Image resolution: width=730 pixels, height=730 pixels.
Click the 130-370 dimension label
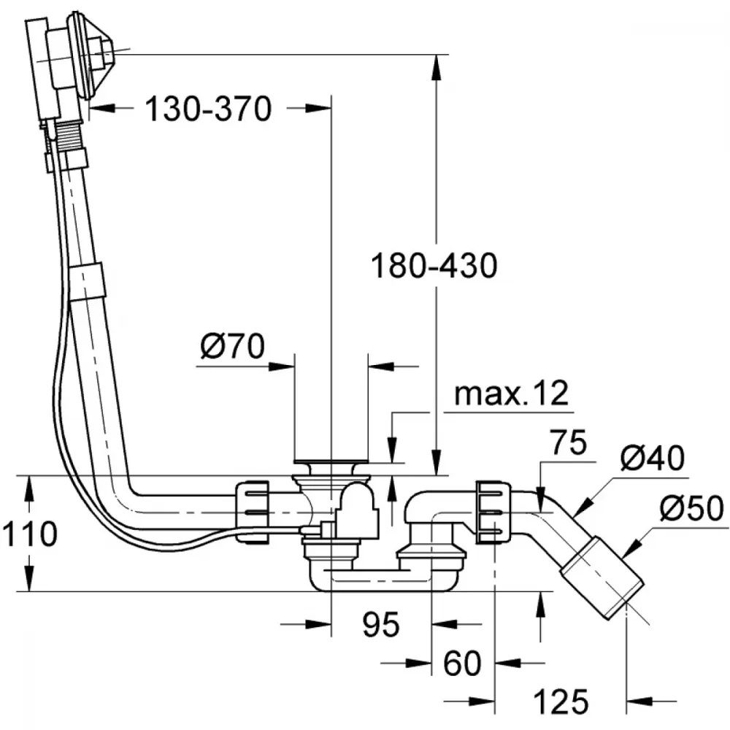208,109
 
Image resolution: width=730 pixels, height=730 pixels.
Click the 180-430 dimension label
434,266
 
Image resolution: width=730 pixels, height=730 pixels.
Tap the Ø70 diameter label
232,346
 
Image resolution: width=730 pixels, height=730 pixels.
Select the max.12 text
511,393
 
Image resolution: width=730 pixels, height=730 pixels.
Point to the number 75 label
569,443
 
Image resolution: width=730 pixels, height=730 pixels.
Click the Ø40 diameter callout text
652,458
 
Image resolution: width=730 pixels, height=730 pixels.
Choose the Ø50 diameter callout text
692,508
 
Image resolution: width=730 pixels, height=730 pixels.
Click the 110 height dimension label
29,534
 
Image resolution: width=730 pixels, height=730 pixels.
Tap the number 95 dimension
381,624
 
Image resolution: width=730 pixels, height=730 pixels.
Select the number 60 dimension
462,663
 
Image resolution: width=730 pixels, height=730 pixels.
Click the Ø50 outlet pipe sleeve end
603,578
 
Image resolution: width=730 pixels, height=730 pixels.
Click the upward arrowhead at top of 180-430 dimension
436,67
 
